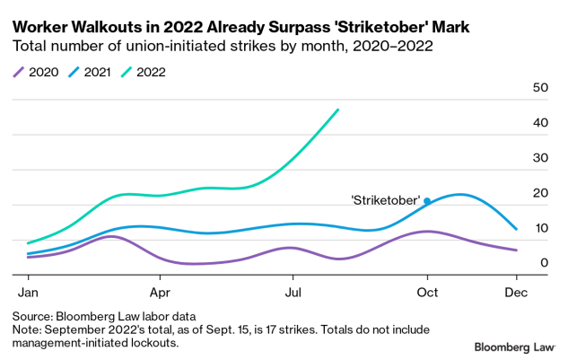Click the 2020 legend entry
pos(39,70)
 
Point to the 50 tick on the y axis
pos(540,88)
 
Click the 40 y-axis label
pos(540,123)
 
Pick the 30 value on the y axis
pos(540,158)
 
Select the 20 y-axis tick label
pos(540,193)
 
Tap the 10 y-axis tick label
pos(540,228)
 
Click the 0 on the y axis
pos(544,263)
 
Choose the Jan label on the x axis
pos(27,293)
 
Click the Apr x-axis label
pos(160,293)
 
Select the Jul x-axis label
pos(293,293)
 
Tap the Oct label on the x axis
pos(427,293)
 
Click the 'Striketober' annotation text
pos(386,201)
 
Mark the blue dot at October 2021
pos(427,201)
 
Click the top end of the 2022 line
pos(337,110)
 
